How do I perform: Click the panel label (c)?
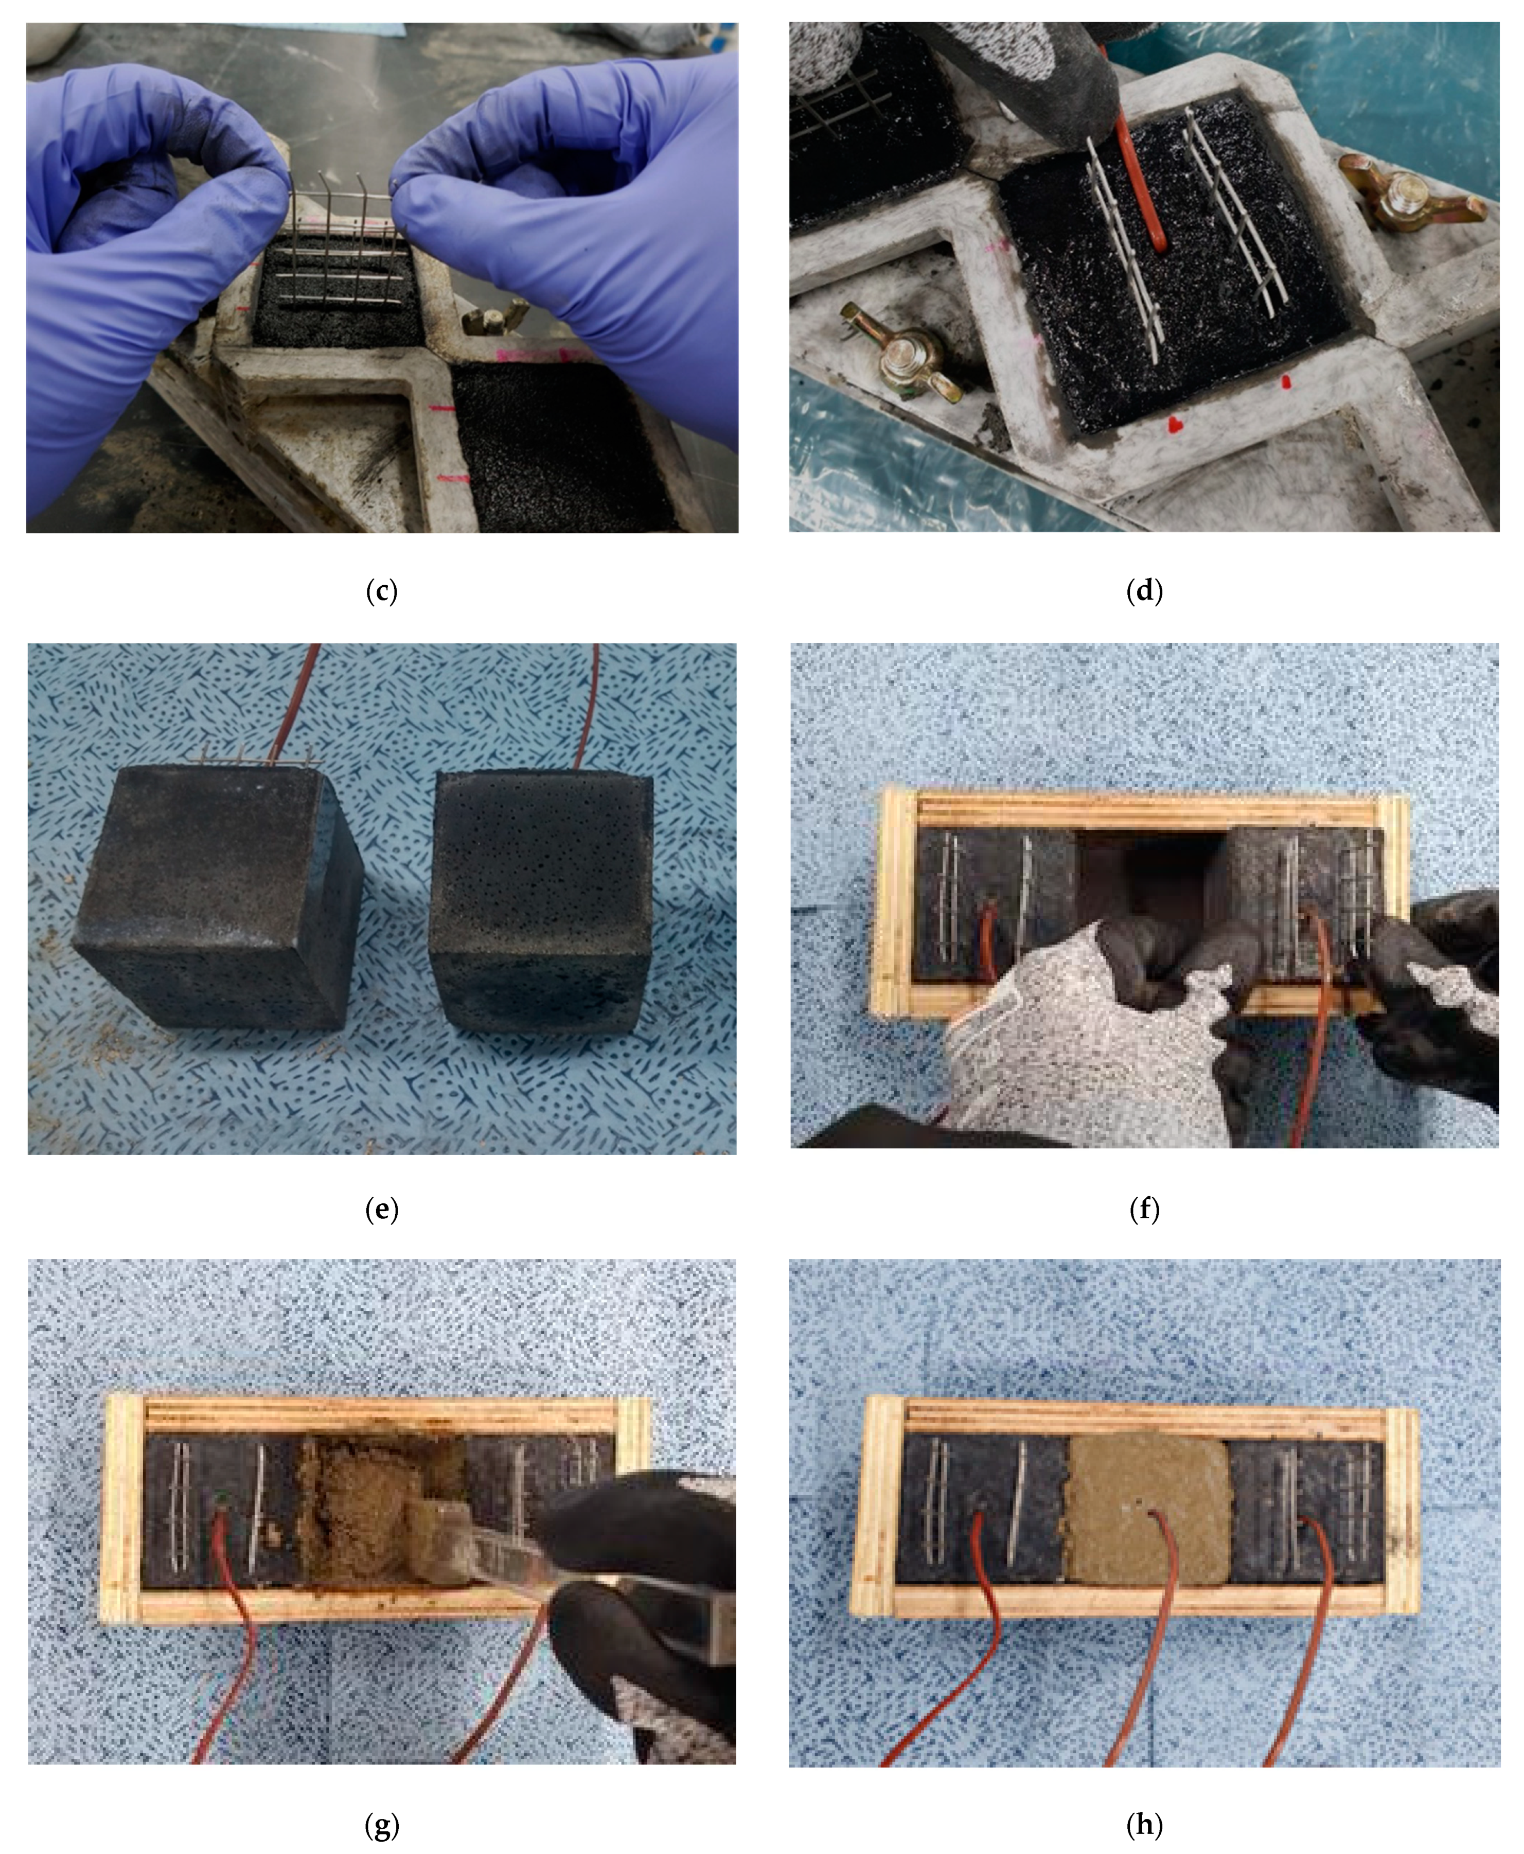click(381, 590)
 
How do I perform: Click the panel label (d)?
click(1144, 590)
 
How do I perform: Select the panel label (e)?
click(381, 1210)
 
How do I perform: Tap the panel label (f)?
click(1144, 1210)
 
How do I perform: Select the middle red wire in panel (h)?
click(1150, 1634)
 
